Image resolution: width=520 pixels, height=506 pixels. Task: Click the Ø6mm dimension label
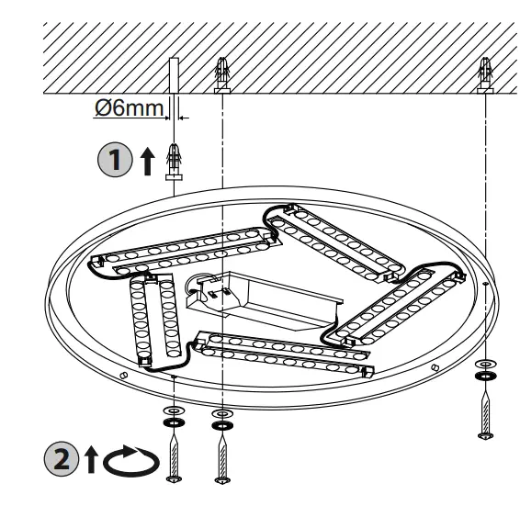128,108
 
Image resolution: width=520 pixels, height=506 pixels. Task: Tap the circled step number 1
111,159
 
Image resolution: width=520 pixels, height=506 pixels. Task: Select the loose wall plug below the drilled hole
172,160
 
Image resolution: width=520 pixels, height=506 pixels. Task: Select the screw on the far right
483,409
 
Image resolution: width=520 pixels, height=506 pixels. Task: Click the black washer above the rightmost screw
483,376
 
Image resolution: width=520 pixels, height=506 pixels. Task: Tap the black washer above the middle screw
220,425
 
